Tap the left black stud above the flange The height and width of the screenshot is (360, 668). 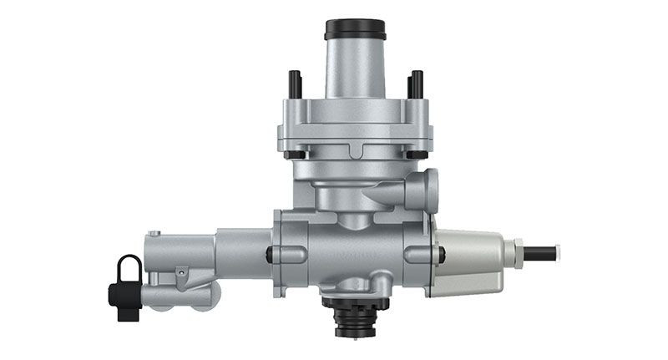click(x=295, y=84)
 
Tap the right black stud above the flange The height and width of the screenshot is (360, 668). click(x=415, y=84)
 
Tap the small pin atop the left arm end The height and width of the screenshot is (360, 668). click(x=153, y=234)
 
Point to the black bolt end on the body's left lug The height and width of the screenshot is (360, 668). click(x=270, y=255)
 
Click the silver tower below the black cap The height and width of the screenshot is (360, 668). click(x=355, y=71)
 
